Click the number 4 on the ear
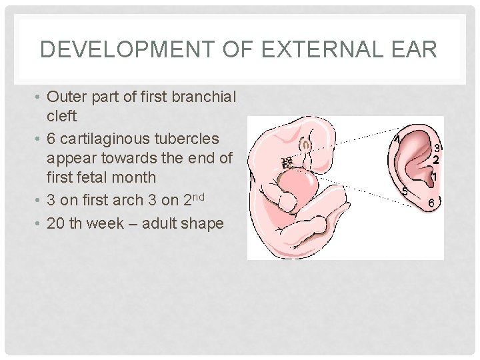(397, 140)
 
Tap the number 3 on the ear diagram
(437, 147)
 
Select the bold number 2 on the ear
(436, 160)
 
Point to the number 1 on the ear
(434, 177)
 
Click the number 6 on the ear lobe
(432, 202)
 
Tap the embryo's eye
(306, 145)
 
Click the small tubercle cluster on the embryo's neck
(287, 163)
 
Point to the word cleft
(63, 115)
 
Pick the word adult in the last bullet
(172, 223)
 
